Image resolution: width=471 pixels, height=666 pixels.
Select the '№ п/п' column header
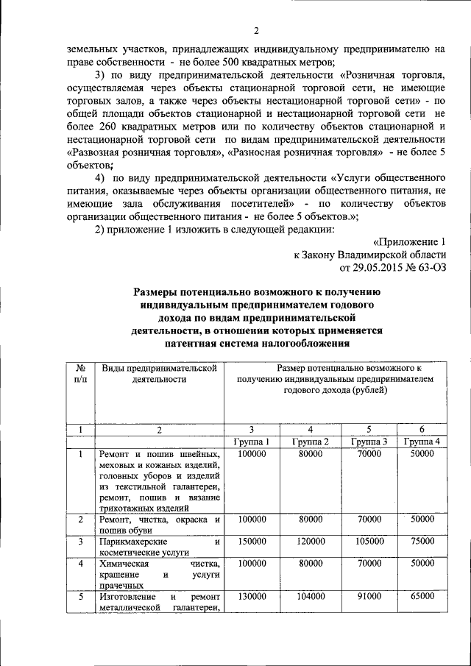click(79, 373)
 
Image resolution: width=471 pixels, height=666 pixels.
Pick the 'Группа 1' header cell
click(252, 442)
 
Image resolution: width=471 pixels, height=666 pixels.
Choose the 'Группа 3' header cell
click(369, 442)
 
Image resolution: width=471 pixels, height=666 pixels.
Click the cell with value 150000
click(252, 541)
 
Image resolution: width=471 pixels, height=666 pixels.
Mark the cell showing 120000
click(311, 541)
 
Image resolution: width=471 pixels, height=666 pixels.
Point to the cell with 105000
click(369, 541)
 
